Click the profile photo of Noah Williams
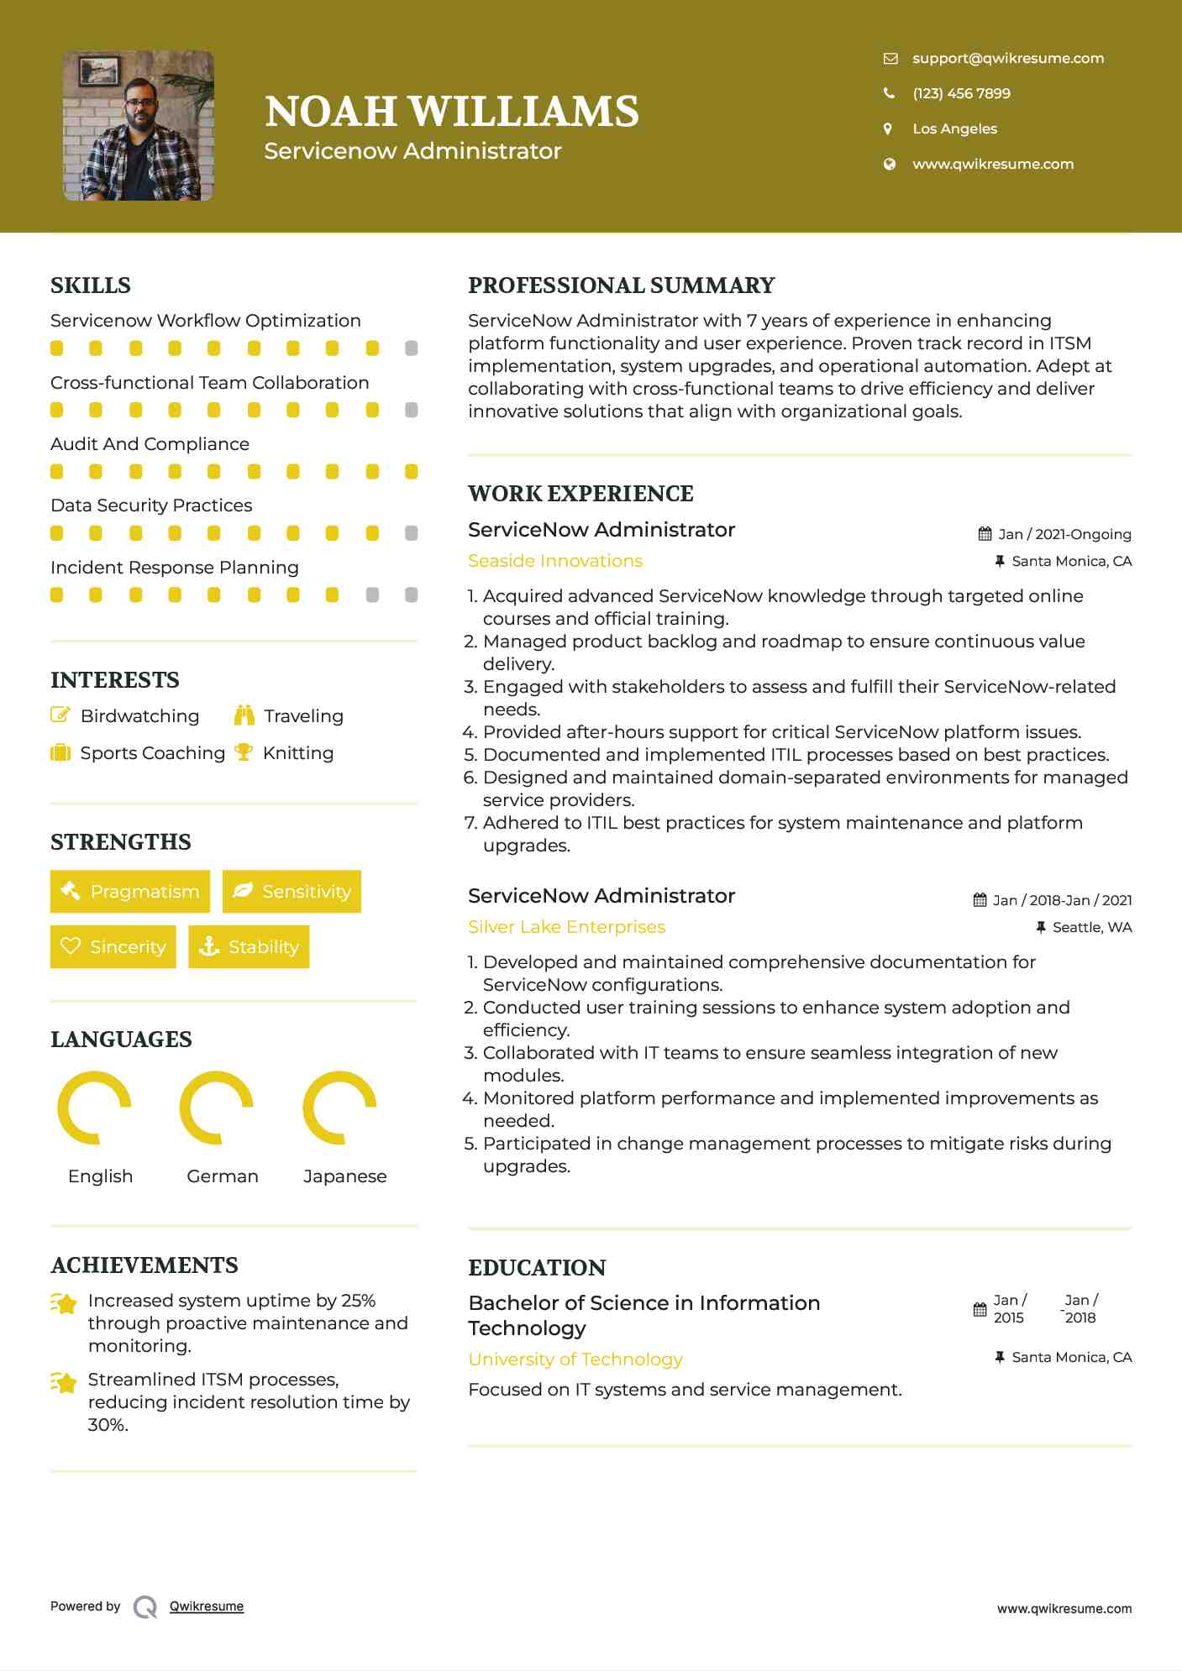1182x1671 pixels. [x=139, y=126]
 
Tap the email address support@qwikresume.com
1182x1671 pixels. [x=1007, y=58]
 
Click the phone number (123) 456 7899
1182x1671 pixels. [x=961, y=93]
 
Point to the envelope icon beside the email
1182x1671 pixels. [x=890, y=58]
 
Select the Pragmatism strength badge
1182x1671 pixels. [x=130, y=891]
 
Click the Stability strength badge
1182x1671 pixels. [x=249, y=946]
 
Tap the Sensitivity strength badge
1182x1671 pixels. [x=292, y=891]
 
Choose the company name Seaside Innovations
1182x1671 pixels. [x=555, y=561]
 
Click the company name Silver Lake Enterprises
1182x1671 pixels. [x=566, y=927]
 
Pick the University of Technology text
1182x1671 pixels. [x=575, y=1359]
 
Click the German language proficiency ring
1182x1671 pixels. [x=217, y=1108]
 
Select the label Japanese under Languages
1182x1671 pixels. [x=345, y=1176]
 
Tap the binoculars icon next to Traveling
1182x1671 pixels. [x=244, y=715]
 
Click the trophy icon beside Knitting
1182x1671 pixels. [x=244, y=752]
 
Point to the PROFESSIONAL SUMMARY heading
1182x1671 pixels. [x=621, y=285]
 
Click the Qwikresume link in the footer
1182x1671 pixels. [x=207, y=1606]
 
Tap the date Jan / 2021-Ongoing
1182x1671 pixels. [x=1064, y=534]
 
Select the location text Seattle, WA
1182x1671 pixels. [x=1092, y=927]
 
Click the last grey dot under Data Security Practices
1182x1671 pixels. [x=411, y=533]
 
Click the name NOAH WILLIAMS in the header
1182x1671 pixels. [x=452, y=112]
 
